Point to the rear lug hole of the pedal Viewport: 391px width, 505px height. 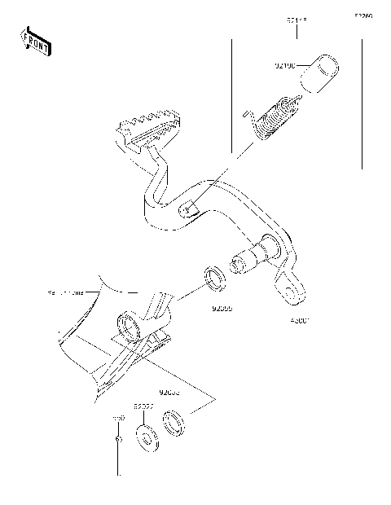pos(287,288)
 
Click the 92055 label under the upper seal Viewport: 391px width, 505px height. pos(222,310)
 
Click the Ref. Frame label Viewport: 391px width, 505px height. pos(65,290)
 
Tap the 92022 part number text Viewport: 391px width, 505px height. pos(144,405)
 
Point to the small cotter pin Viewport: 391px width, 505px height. pos(120,441)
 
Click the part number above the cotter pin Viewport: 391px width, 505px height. pos(118,416)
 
